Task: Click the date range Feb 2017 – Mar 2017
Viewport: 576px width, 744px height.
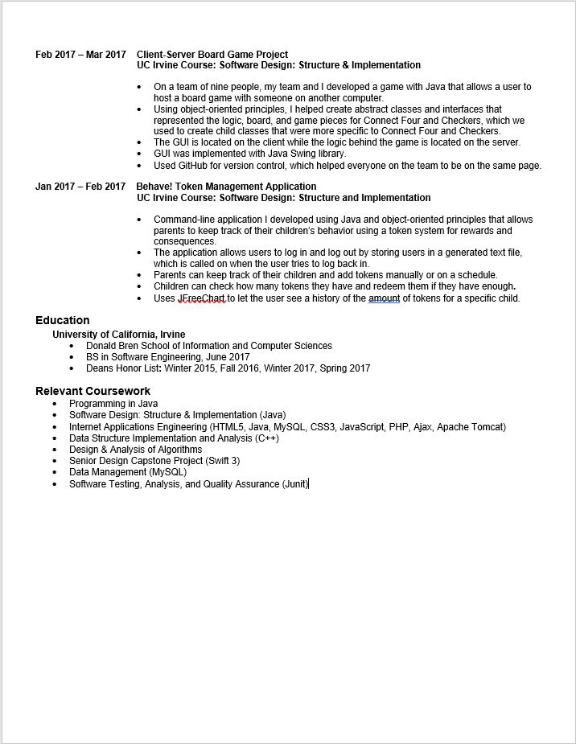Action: pos(80,55)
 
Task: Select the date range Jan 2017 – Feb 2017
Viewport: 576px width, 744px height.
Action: pos(80,187)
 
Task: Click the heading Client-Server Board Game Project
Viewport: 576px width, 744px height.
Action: pos(212,55)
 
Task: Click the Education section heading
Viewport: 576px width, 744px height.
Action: pos(63,320)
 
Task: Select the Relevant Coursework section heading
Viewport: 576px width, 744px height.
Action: pos(93,391)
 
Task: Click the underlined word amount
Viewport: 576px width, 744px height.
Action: pos(384,298)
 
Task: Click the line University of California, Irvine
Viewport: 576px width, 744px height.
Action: pos(118,335)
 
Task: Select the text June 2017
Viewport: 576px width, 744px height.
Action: pos(230,357)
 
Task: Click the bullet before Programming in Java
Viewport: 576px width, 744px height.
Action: pos(55,404)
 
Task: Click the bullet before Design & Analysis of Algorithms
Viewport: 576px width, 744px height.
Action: pos(55,450)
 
